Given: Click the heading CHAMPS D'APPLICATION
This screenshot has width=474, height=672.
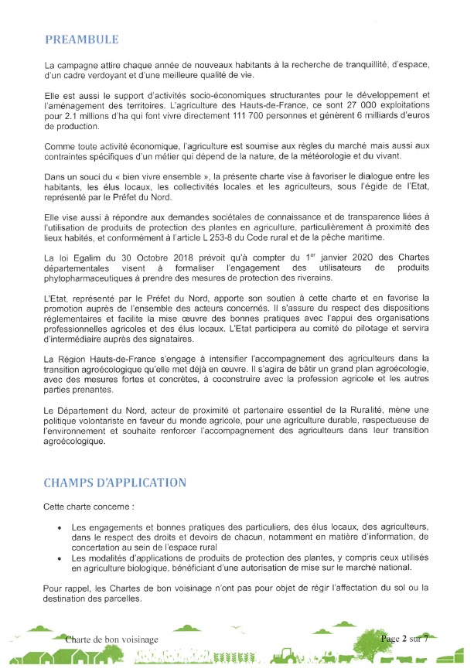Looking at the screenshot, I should [x=115, y=483].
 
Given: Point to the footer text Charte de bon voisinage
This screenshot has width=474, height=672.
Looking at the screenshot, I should [x=112, y=640].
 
